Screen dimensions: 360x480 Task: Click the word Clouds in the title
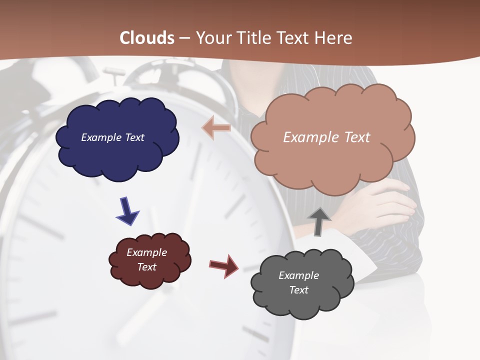coord(147,38)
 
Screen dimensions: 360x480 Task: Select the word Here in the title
coord(333,38)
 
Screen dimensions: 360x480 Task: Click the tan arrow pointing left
coord(216,128)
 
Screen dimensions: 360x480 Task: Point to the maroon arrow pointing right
coord(224,266)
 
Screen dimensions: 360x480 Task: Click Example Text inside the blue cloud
coord(112,137)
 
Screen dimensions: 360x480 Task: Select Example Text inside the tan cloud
coord(326,137)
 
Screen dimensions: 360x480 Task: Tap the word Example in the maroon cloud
coord(146,252)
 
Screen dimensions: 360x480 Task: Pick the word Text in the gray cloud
coord(298,290)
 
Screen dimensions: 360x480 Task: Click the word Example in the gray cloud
coord(298,275)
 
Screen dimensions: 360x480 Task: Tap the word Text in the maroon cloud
coord(146,267)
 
